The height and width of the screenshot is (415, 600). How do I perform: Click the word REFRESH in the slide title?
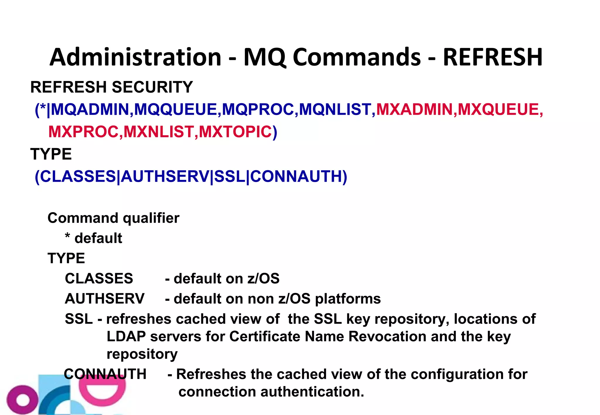tap(492, 57)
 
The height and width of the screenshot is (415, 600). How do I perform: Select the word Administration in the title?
tap(135, 57)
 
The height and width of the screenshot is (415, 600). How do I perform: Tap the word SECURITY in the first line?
tap(152, 87)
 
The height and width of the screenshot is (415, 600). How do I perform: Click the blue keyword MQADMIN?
tap(90, 109)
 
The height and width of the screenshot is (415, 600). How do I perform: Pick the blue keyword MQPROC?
tap(258, 109)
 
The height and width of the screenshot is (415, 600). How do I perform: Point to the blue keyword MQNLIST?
tap(335, 109)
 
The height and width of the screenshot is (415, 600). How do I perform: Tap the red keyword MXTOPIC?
tap(235, 132)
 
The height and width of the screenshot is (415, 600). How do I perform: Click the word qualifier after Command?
tap(151, 218)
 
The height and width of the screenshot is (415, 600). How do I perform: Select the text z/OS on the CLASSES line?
tap(263, 278)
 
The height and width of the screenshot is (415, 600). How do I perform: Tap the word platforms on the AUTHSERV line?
tap(348, 299)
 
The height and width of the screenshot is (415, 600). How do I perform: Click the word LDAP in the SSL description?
tap(126, 336)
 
